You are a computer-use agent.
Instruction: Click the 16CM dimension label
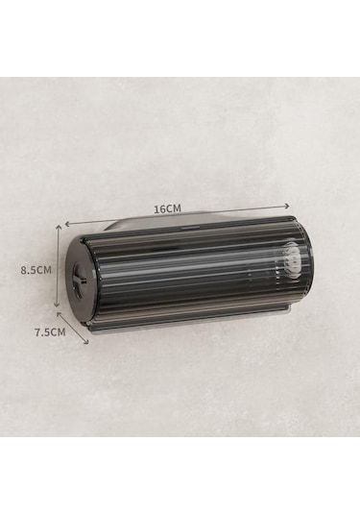(167, 208)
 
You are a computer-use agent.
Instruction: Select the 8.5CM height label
(36, 270)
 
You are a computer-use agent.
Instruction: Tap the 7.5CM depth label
(50, 332)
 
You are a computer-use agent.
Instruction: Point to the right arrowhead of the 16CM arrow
(287, 206)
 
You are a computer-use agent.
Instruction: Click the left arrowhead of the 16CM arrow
(68, 224)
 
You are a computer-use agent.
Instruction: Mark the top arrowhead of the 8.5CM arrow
(59, 227)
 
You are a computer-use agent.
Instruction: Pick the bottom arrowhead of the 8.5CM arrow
(57, 305)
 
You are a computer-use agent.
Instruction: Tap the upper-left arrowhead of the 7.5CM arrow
(60, 314)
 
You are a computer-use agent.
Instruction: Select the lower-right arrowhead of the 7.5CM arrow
(85, 341)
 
